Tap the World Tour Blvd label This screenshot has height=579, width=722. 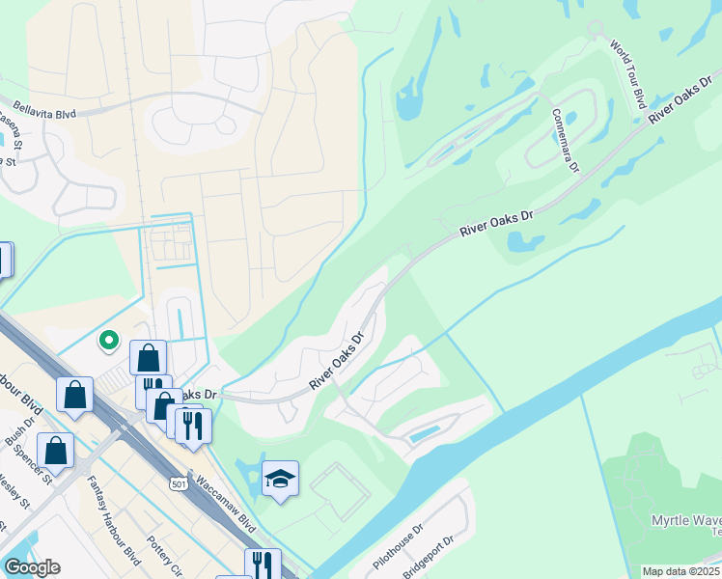(628, 73)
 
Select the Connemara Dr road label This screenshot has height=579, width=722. (566, 140)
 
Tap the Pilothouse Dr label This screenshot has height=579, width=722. (399, 548)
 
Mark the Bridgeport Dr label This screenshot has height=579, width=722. (428, 558)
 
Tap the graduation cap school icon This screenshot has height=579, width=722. (280, 479)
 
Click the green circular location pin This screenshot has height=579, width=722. (110, 340)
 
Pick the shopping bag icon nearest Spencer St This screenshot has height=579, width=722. (56, 450)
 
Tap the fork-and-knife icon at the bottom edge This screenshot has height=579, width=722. (262, 564)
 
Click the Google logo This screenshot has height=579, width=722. (33, 568)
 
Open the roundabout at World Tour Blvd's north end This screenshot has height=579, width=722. (596, 28)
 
